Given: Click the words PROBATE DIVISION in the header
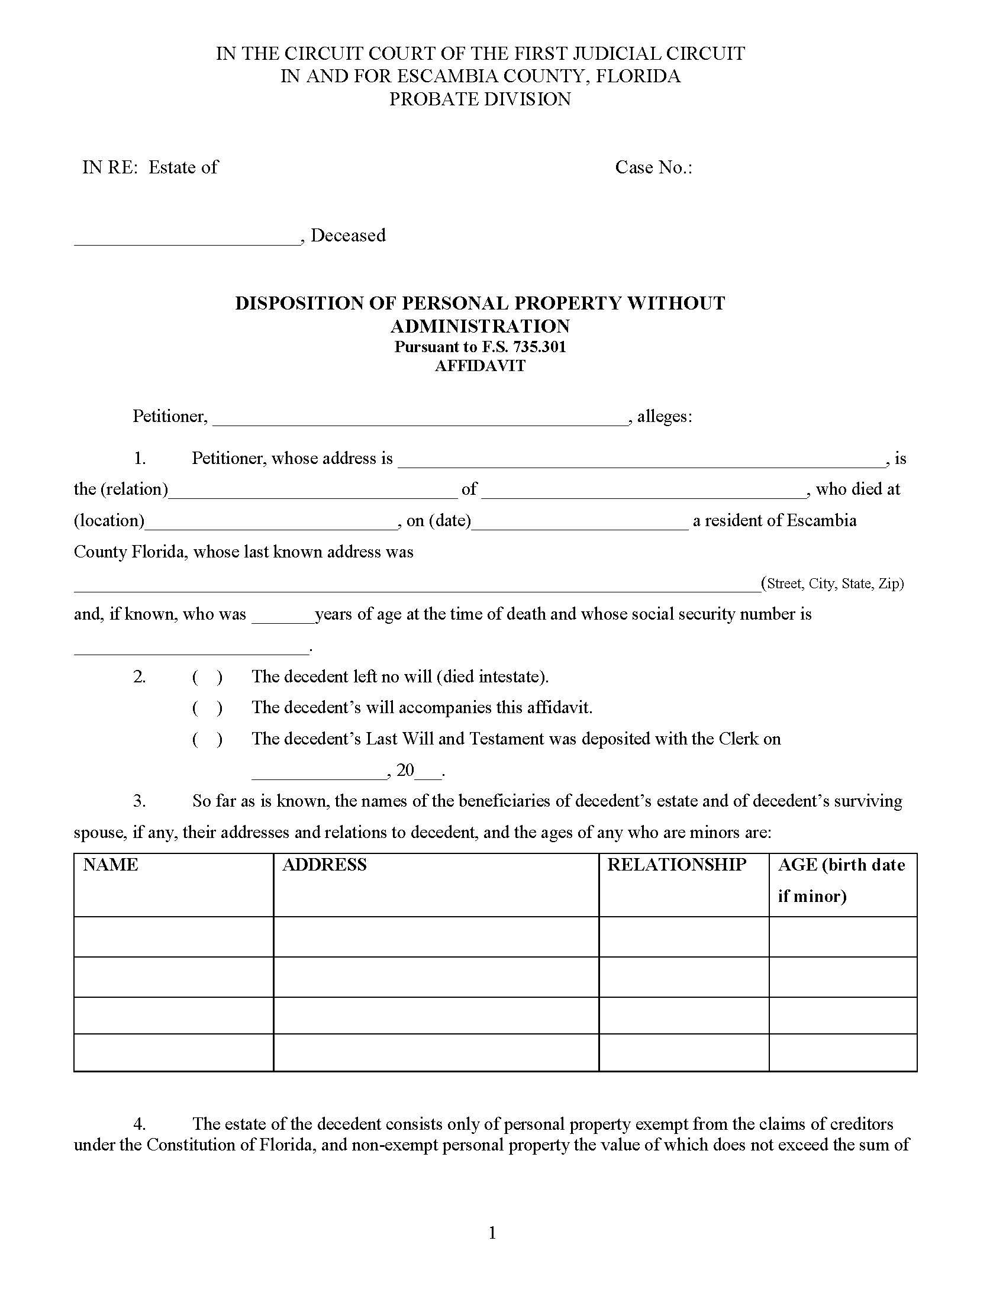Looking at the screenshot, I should pos(480,99).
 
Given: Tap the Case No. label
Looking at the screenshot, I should pos(654,167).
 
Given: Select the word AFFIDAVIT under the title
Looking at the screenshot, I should pos(480,365).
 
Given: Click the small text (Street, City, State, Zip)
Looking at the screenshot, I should pos(833,584).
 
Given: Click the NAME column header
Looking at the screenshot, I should pos(111,865).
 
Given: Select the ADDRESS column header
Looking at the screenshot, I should pos(324,865).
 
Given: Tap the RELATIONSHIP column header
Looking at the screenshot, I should pos(676,865).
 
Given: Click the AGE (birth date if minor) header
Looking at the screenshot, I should pos(841,881).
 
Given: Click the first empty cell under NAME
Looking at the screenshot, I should pos(173,937).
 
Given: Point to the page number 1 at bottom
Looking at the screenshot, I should pos(492,1233).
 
